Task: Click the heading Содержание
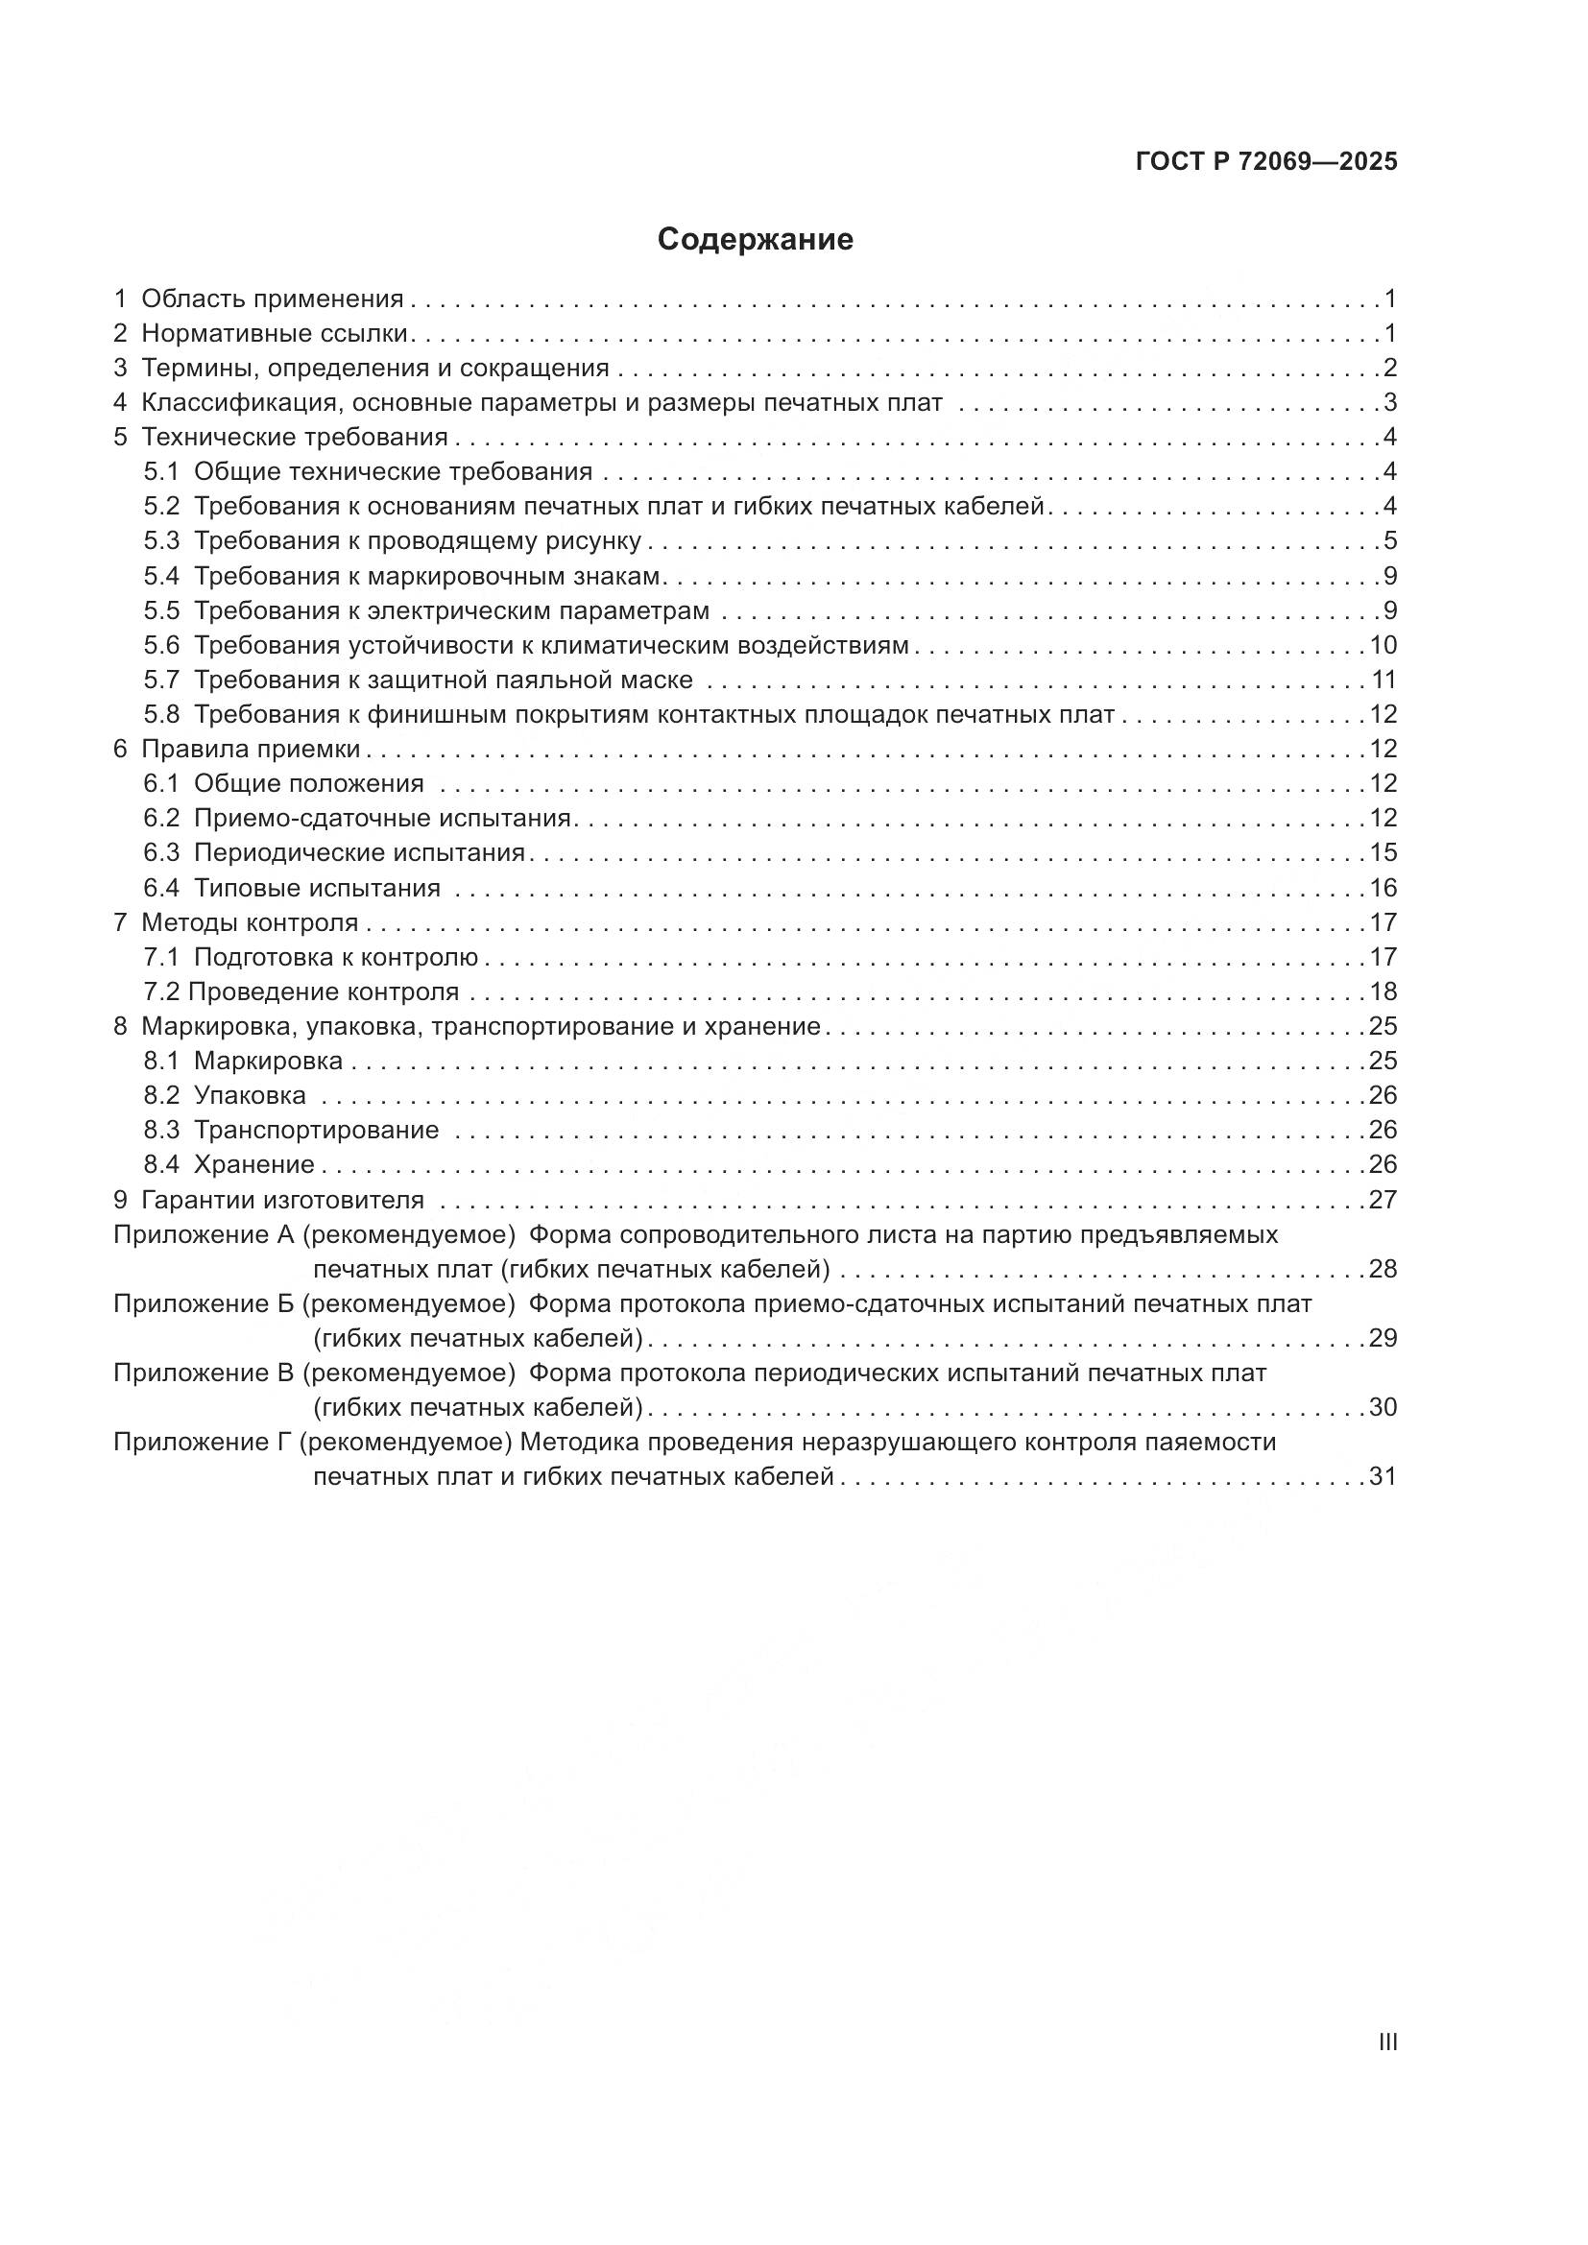pos(755,240)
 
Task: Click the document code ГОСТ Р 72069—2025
pos(1266,162)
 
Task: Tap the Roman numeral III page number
pos(1386,2042)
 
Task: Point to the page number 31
pos(1383,1476)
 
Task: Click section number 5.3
pos(161,540)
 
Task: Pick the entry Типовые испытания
pos(317,888)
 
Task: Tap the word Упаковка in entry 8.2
pos(250,1095)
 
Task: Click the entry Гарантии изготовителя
pos(282,1200)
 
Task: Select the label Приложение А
pos(204,1234)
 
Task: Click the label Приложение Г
pos(203,1443)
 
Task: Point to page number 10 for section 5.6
pos(1383,645)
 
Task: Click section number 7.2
pos(161,991)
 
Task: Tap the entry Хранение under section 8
pos(253,1164)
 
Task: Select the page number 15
pos(1383,852)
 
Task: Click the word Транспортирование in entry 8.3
pos(316,1131)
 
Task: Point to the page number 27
pos(1383,1200)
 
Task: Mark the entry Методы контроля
pos(250,922)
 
